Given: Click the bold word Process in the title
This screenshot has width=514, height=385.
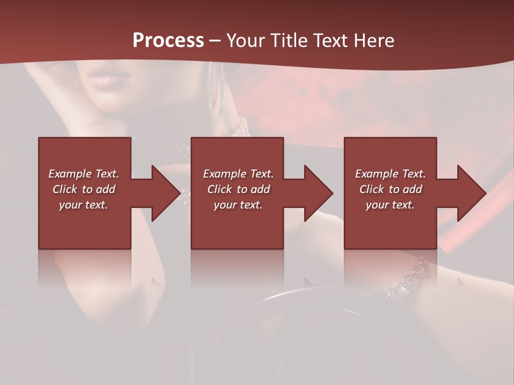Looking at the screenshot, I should tap(168, 41).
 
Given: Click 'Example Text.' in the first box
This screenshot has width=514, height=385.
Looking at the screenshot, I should tap(84, 174).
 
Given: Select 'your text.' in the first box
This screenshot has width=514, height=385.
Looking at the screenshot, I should tap(84, 205).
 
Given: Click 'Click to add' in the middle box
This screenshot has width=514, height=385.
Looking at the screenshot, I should tap(238, 189).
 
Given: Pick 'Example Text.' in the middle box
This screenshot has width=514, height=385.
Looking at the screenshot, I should tap(238, 174).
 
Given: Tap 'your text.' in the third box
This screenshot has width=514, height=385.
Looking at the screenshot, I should tap(390, 205).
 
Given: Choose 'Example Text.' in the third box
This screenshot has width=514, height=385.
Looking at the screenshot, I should tap(390, 174).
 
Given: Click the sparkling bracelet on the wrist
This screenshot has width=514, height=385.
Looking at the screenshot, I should tap(410, 278).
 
